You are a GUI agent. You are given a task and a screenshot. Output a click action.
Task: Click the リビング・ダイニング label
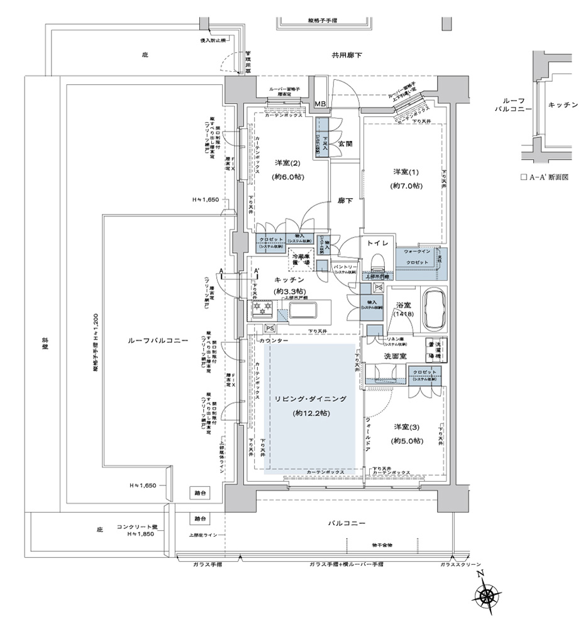click(x=310, y=399)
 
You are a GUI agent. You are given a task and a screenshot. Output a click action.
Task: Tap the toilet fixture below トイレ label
click(x=376, y=262)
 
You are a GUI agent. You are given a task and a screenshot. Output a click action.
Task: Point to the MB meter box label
click(x=320, y=104)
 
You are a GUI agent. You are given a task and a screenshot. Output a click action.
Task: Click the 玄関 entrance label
click(x=345, y=143)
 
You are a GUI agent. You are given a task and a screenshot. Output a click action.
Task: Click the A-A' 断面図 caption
click(x=544, y=177)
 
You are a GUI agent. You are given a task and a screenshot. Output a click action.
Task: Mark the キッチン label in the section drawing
click(x=562, y=104)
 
